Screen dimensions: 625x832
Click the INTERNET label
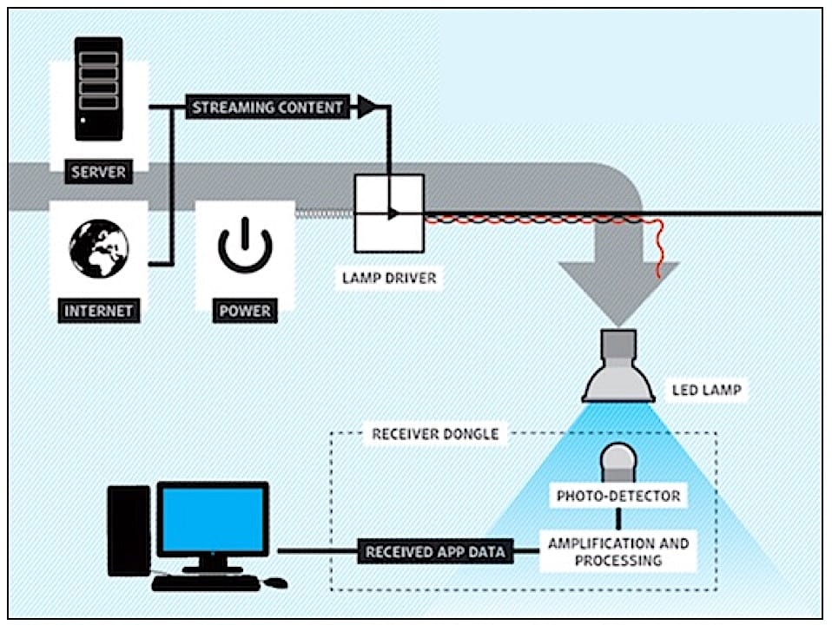click(99, 309)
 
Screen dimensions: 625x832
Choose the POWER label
click(245, 309)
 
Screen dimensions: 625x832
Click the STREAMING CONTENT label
click(267, 108)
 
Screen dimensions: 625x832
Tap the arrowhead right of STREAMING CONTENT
click(367, 108)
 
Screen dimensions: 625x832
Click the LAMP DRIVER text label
click(389, 279)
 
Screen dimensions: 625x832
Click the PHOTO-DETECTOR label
click(618, 497)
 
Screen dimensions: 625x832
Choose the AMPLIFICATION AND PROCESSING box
click(618, 552)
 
